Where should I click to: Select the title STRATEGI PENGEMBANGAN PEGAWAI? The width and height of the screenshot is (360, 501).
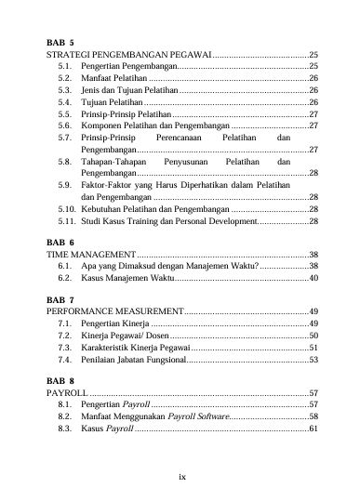129,56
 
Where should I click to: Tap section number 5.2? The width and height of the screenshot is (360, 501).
65,79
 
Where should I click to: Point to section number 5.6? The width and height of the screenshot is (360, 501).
65,124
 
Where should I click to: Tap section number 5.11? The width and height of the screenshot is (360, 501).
65,222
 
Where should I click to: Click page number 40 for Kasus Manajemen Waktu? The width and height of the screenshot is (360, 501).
313,277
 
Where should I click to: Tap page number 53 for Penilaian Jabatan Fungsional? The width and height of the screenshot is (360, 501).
313,359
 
